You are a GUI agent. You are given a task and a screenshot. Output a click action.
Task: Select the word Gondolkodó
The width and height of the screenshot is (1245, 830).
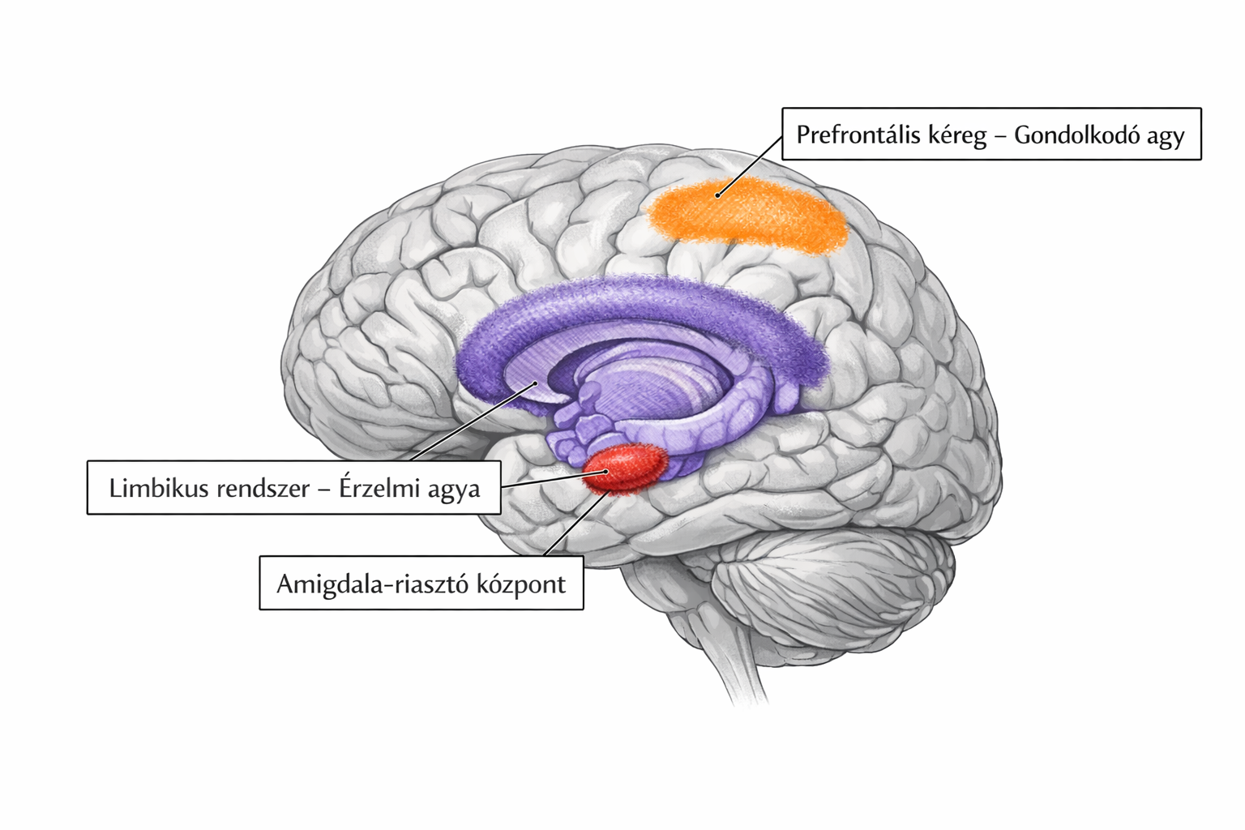tap(1076, 135)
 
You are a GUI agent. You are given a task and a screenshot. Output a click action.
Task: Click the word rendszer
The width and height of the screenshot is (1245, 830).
tap(259, 488)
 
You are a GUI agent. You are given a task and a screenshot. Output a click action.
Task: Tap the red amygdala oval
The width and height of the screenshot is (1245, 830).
tap(626, 468)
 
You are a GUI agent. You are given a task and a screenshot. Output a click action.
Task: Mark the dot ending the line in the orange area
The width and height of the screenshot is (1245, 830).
tap(718, 195)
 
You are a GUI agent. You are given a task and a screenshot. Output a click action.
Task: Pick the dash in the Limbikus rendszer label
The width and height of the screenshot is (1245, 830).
tap(324, 489)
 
